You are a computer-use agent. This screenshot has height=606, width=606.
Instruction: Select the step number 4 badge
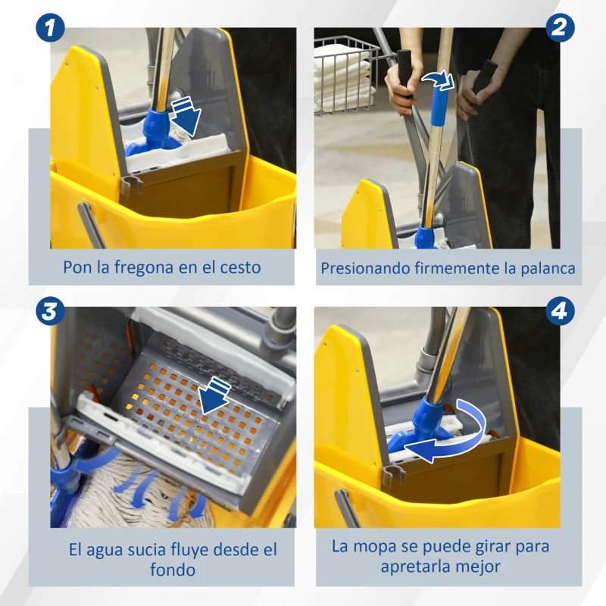click(559, 310)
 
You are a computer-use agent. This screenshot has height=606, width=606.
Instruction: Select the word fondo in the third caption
click(173, 570)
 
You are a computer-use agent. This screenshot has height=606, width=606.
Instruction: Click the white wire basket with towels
click(345, 72)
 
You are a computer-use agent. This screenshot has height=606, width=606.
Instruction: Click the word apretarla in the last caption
click(410, 567)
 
